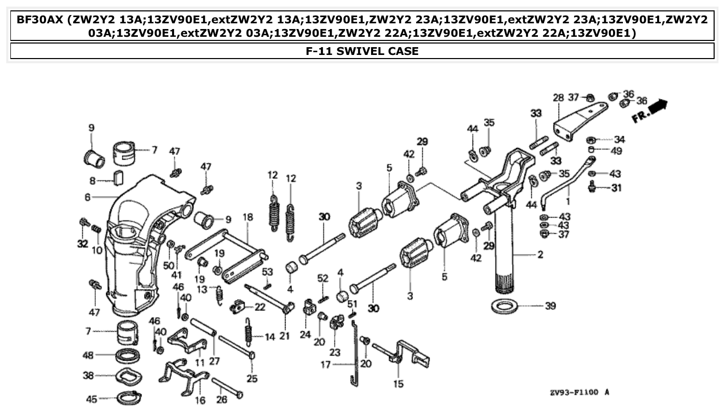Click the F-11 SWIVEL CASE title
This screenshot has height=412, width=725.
pyautogui.click(x=362, y=51)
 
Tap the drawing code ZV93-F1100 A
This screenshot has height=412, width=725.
pyautogui.click(x=579, y=392)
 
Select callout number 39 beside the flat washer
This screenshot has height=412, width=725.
pyautogui.click(x=550, y=306)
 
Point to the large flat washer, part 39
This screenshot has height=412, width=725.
pyautogui.click(x=504, y=306)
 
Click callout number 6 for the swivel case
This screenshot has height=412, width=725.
pyautogui.click(x=88, y=197)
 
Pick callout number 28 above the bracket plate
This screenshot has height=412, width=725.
pyautogui.click(x=558, y=98)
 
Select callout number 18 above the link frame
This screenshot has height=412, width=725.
pyautogui.click(x=248, y=217)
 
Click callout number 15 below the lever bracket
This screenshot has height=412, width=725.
pyautogui.click(x=398, y=384)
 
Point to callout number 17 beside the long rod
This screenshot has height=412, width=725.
pyautogui.click(x=325, y=365)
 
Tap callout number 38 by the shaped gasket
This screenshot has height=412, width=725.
pyautogui.click(x=88, y=375)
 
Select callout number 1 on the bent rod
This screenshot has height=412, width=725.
pyautogui.click(x=568, y=199)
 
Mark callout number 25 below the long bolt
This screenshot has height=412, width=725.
pyautogui.click(x=252, y=378)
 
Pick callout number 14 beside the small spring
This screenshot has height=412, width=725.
pyautogui.click(x=269, y=337)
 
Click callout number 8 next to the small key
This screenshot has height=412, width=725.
pyautogui.click(x=93, y=181)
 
